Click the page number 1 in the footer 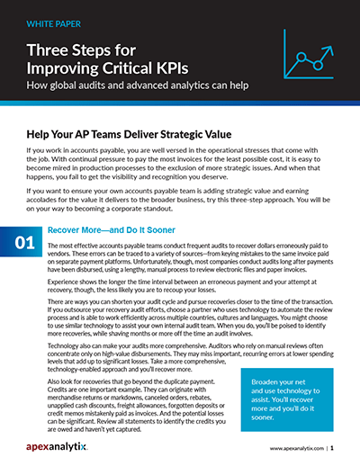[331, 446]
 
